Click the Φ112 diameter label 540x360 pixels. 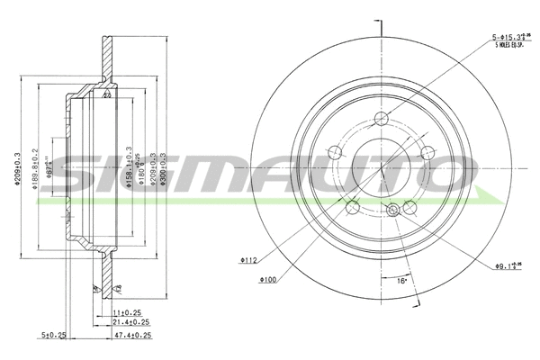249,261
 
